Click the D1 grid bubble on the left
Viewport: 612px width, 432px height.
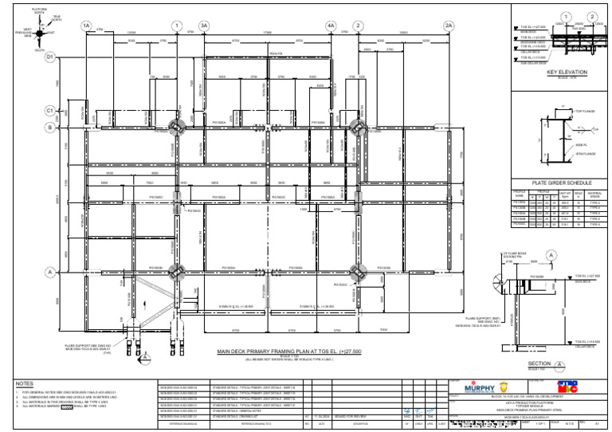[x=49, y=57]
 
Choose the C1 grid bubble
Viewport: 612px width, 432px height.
[x=49, y=110]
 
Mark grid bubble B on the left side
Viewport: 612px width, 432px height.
[x=49, y=128]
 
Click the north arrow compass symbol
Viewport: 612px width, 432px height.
[x=34, y=33]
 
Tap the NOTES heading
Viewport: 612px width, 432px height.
[x=25, y=383]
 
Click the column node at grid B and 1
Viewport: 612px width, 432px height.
[x=177, y=128]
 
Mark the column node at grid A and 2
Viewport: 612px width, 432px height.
[x=358, y=273]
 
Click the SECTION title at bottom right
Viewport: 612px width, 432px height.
[x=539, y=363]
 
